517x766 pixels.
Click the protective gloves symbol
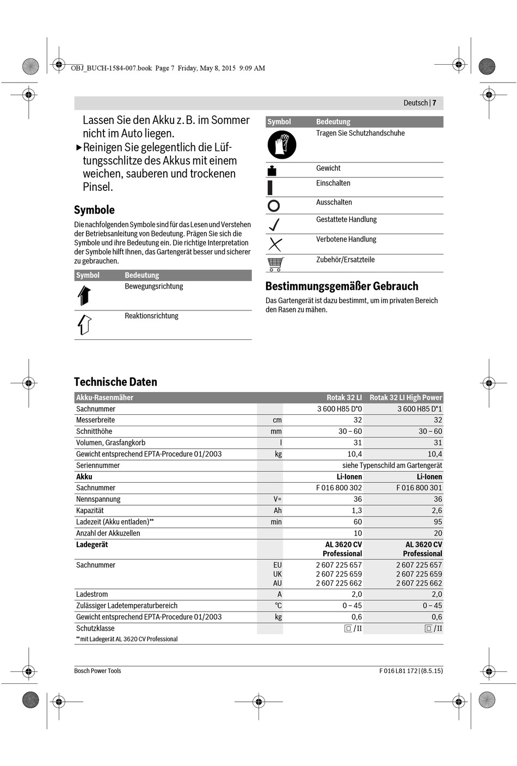coord(281,145)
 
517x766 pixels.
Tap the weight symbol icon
coord(272,171)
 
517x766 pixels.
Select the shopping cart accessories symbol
coord(275,264)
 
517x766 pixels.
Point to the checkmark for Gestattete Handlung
coord(274,224)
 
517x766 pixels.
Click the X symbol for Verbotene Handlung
coord(275,244)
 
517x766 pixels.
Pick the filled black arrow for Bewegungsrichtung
coord(84,295)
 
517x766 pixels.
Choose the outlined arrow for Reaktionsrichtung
coord(84,325)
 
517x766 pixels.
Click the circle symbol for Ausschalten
coord(274,205)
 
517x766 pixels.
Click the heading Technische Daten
coord(115,382)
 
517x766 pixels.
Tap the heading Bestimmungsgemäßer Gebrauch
coord(342,286)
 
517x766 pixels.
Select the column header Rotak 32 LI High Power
coord(405,397)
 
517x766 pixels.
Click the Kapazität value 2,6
coord(436,510)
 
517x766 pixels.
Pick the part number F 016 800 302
coord(338,488)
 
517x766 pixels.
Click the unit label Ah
coord(278,510)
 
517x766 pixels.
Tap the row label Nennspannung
coord(98,499)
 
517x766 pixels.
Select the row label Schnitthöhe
coord(94,431)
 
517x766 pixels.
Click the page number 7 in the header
coord(434,103)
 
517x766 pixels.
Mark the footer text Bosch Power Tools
coord(97,671)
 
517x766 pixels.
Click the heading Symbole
coord(94,210)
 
